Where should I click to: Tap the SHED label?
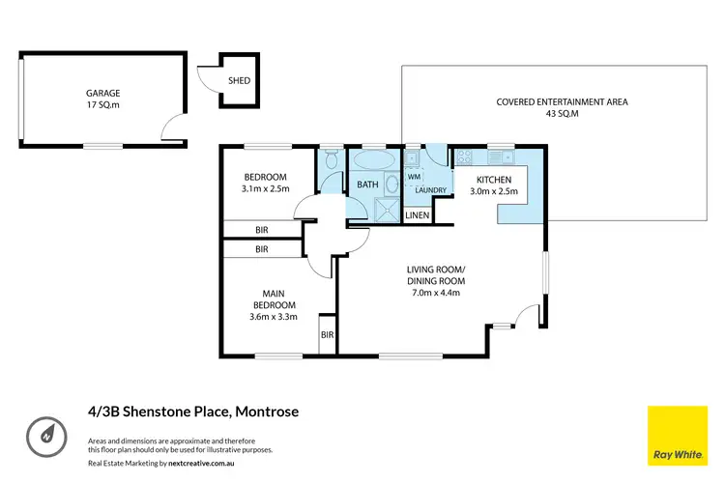(x=238, y=81)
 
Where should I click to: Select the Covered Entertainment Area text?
(x=549, y=101)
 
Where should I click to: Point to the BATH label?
(x=367, y=184)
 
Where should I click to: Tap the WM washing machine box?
(x=413, y=178)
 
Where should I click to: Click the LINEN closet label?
(x=417, y=214)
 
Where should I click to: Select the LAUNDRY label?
(x=430, y=189)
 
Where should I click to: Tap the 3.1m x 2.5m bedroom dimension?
(x=265, y=189)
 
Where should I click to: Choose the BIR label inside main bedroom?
(x=327, y=334)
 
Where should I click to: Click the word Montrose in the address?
(x=266, y=412)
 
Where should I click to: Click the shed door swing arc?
(x=209, y=76)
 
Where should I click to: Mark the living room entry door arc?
(x=524, y=315)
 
